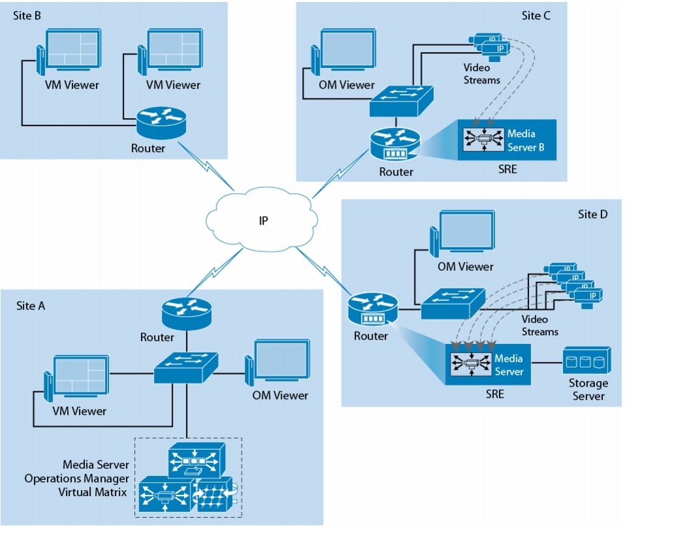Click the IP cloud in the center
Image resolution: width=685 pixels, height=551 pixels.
click(x=262, y=221)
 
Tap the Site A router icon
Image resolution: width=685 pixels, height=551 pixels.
click(x=186, y=312)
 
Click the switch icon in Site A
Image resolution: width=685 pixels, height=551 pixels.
click(x=186, y=368)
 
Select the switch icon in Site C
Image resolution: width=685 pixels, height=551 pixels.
click(x=401, y=100)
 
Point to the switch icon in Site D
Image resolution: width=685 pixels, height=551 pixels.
click(x=451, y=304)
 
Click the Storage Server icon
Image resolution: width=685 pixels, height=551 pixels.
click(x=586, y=360)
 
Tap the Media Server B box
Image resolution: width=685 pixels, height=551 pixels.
click(x=507, y=140)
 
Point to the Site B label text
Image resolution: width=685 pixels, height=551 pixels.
click(x=27, y=16)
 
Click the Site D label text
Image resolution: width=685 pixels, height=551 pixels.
click(x=592, y=213)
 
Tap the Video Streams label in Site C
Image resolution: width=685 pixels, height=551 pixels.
click(x=481, y=74)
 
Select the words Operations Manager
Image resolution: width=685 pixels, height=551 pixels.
click(x=77, y=479)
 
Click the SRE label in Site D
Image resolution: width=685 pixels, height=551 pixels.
click(x=495, y=394)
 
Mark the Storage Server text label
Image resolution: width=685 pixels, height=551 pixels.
click(x=588, y=389)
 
